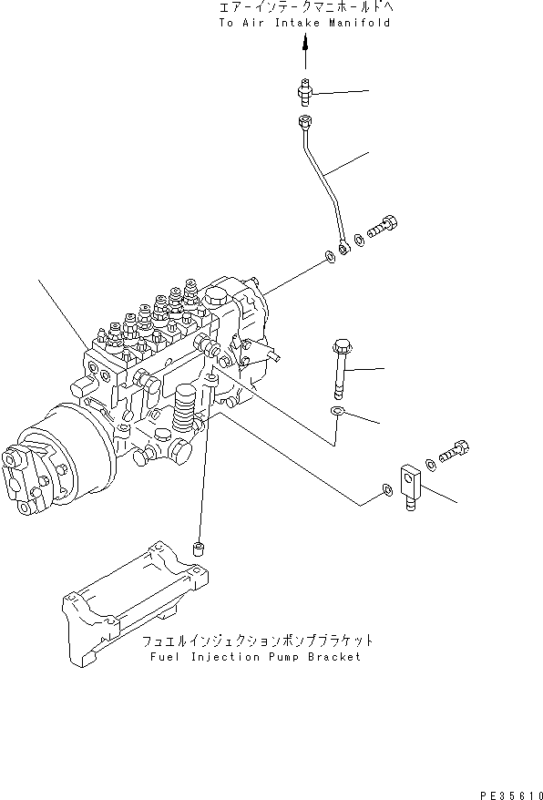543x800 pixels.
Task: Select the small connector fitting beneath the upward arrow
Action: [x=305, y=91]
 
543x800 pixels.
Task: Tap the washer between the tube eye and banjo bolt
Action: [x=360, y=241]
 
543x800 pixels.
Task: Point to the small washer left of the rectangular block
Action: [x=388, y=492]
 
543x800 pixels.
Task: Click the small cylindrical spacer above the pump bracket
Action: [x=196, y=549]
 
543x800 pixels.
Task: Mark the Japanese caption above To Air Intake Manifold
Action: [x=304, y=8]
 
